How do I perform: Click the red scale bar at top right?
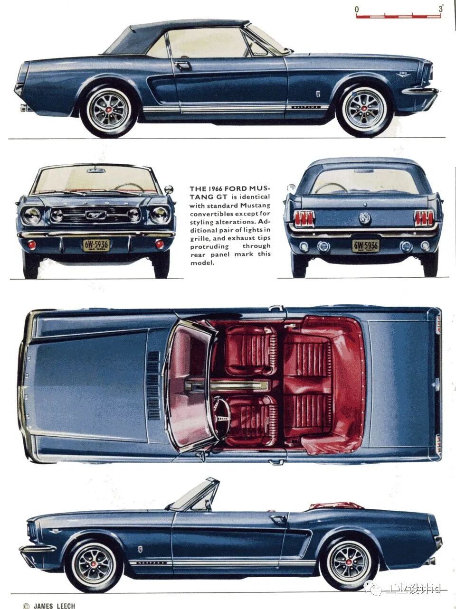399,17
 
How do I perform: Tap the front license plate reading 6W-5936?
96,245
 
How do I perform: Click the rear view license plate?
365,245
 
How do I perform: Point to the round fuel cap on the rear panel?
365,218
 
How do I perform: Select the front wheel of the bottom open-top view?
95,565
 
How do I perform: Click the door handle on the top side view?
183,66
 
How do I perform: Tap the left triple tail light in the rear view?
304,218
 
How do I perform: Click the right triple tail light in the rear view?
424,218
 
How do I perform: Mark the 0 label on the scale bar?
357,9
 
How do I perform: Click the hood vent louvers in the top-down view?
153,386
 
